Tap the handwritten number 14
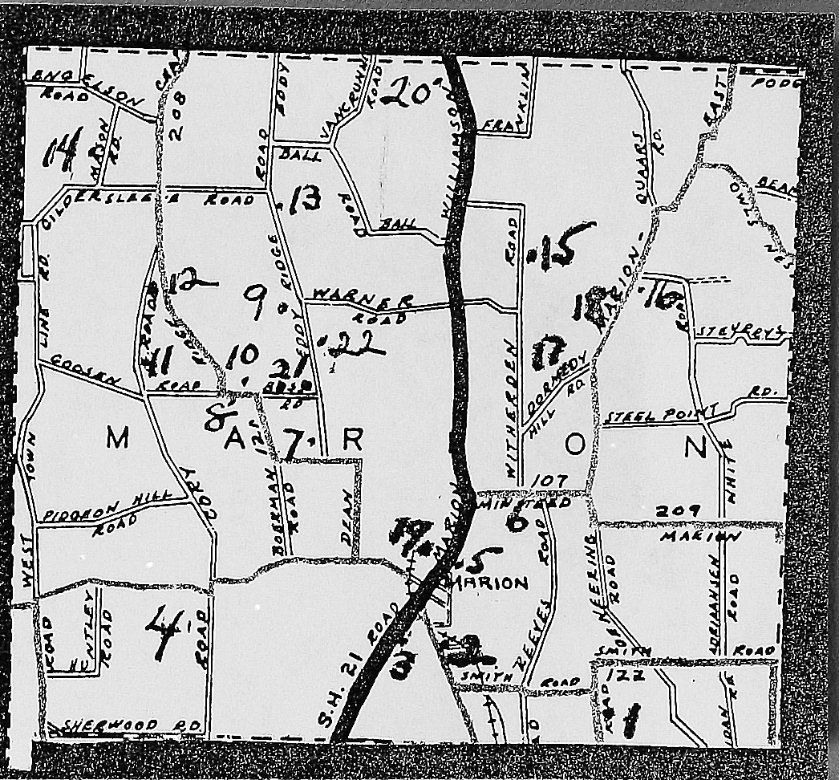[63, 152]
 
